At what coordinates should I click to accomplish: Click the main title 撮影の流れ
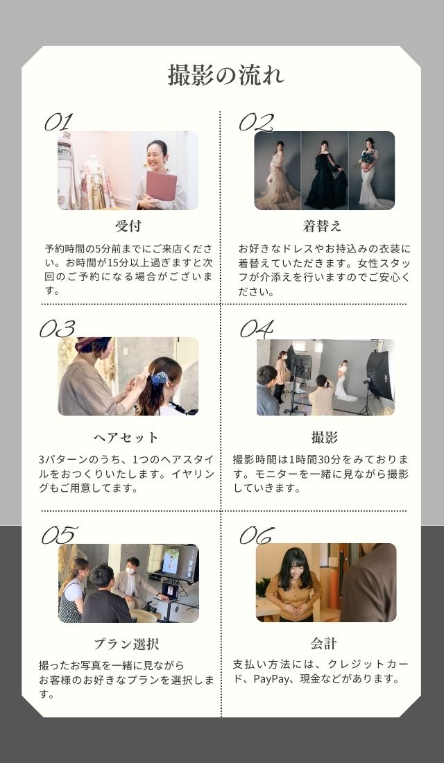tap(225, 75)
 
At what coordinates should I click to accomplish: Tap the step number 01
tap(58, 121)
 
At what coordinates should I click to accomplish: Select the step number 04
tap(256, 329)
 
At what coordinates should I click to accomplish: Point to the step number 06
tap(257, 535)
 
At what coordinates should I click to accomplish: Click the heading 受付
tap(128, 226)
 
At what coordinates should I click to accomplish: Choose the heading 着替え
tap(322, 226)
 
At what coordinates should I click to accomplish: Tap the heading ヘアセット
tap(126, 438)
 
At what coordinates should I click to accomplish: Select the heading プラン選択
tap(126, 644)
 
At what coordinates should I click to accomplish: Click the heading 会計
tap(324, 643)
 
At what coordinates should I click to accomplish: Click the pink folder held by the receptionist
tap(161, 185)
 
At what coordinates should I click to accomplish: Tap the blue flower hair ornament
tap(159, 378)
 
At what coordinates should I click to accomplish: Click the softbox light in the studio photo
tap(379, 375)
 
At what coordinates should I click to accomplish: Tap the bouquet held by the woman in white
tap(368, 157)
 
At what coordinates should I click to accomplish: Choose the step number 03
tap(57, 329)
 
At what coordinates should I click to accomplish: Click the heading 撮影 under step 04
tap(324, 438)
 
